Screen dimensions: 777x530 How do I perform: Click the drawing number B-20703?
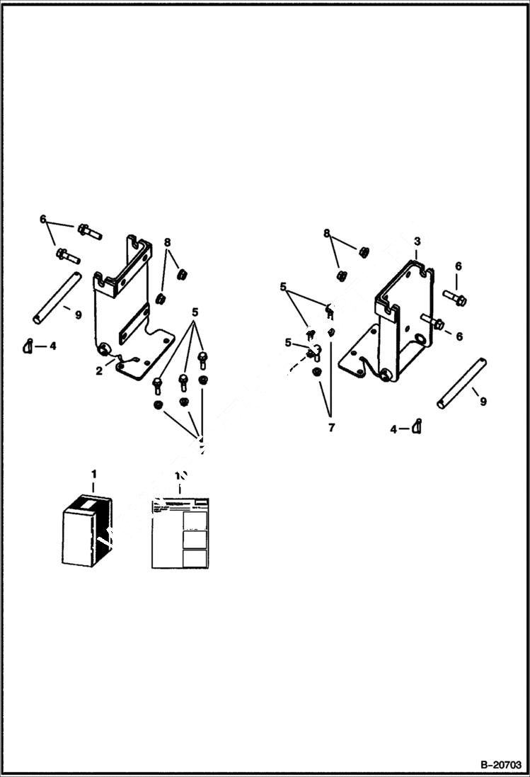pos(499,766)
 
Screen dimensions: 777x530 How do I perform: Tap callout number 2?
pos(100,370)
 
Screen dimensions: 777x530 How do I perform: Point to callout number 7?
pos(331,427)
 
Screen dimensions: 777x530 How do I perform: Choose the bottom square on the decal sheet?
pos(194,557)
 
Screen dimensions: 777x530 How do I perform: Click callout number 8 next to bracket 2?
pos(167,242)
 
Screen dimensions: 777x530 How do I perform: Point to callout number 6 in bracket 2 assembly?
pos(43,220)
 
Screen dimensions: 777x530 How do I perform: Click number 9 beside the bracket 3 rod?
pos(483,401)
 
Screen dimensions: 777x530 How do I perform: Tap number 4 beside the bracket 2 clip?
pos(52,346)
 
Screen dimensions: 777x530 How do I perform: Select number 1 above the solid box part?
pos(93,473)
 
